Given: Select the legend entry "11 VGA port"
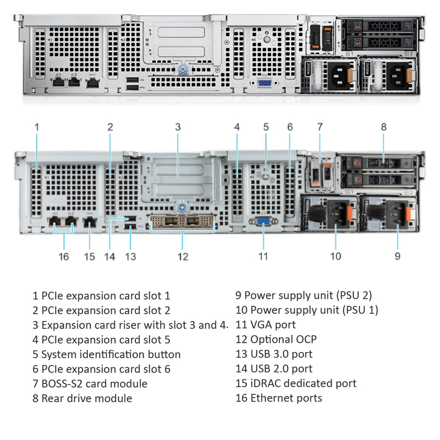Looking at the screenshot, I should tap(266, 324).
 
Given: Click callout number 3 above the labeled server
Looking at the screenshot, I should tap(178, 127).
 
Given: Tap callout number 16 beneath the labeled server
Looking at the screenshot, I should tap(64, 256).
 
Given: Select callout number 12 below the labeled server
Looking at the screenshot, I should tap(183, 256).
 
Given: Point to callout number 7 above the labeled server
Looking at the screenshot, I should tap(320, 127).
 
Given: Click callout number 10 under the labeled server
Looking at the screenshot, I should tap(335, 256).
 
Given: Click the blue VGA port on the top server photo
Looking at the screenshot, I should tap(264, 83).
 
